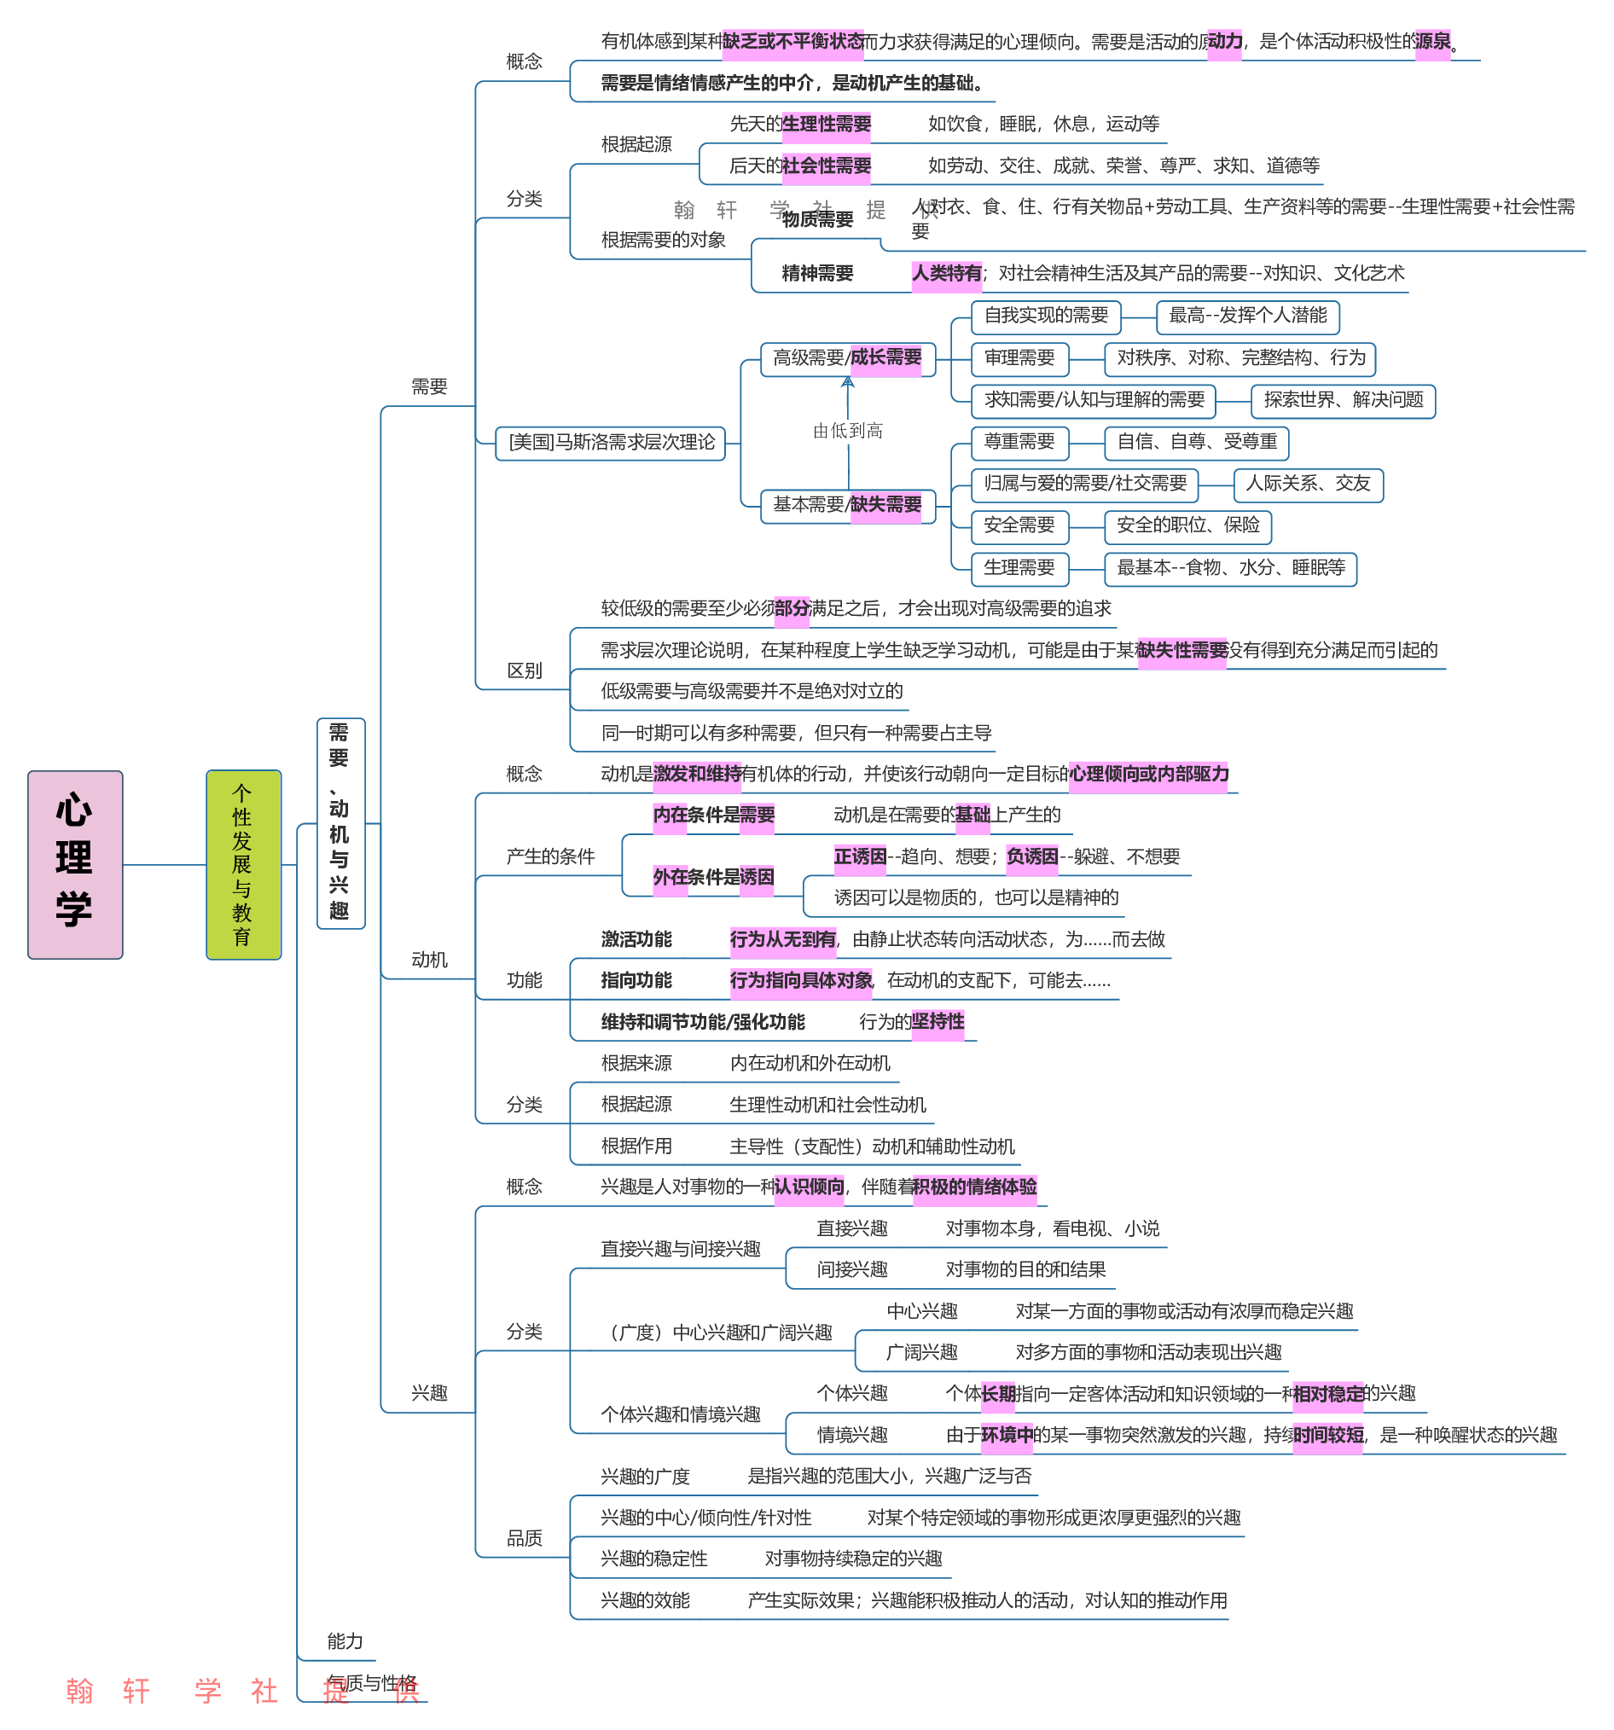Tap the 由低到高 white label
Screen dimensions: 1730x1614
(x=845, y=431)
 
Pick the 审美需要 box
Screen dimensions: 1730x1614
(x=1019, y=357)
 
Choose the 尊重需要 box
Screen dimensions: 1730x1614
(x=1019, y=442)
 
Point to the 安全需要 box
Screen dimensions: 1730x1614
(x=1019, y=525)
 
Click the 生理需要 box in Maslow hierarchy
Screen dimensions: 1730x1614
(x=1019, y=568)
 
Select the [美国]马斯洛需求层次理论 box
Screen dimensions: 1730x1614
(x=610, y=443)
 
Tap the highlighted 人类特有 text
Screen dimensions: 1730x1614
(x=946, y=274)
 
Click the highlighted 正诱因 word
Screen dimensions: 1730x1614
(x=860, y=857)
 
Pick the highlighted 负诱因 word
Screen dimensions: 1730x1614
(x=1032, y=857)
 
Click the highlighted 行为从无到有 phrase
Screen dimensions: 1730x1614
(x=782, y=939)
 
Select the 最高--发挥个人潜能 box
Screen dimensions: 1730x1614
(x=1247, y=316)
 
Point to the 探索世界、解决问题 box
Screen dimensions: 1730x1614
(x=1343, y=400)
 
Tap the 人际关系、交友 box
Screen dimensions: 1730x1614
(x=1308, y=484)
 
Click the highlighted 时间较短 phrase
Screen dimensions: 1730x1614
(x=1327, y=1435)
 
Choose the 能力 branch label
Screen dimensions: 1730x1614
(x=345, y=1641)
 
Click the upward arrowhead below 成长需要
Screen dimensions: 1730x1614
(x=847, y=382)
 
